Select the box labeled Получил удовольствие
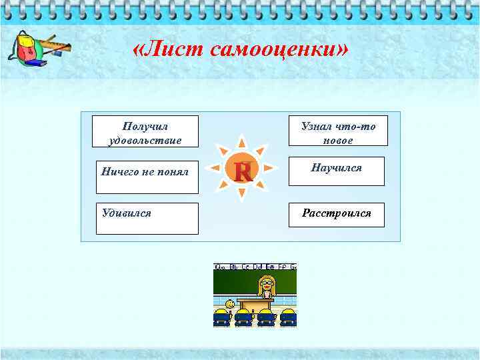(145, 131)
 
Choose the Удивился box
(147, 219)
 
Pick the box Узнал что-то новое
(338, 131)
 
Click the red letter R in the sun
(243, 172)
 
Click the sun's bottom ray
(242, 194)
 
